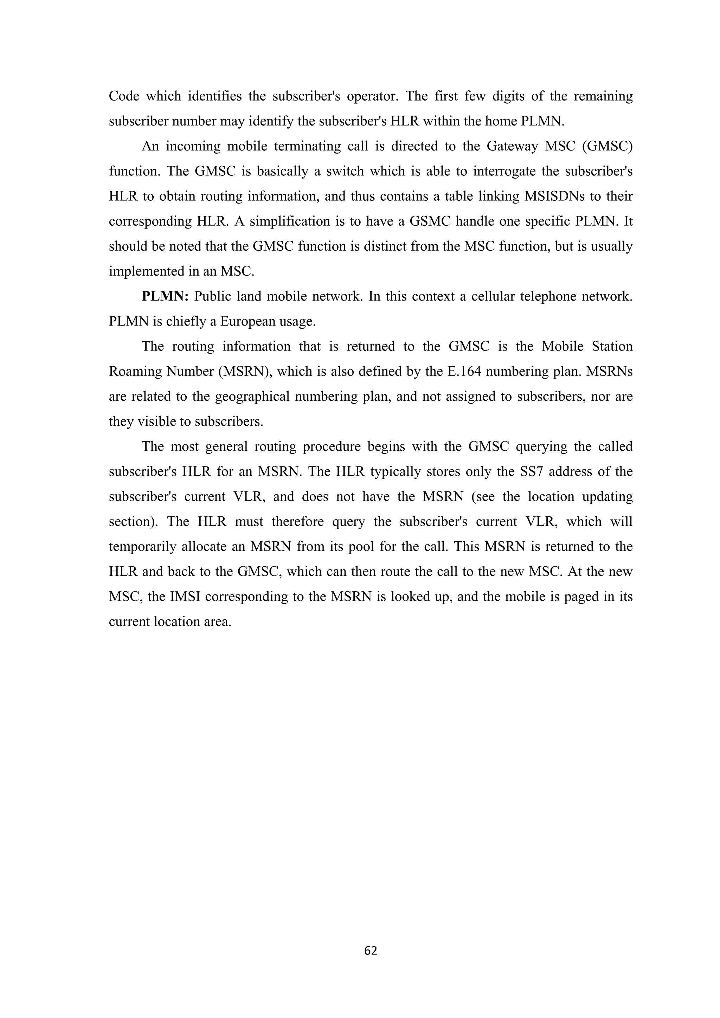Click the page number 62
click(x=370, y=950)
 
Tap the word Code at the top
click(x=124, y=96)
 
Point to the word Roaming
click(x=135, y=372)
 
